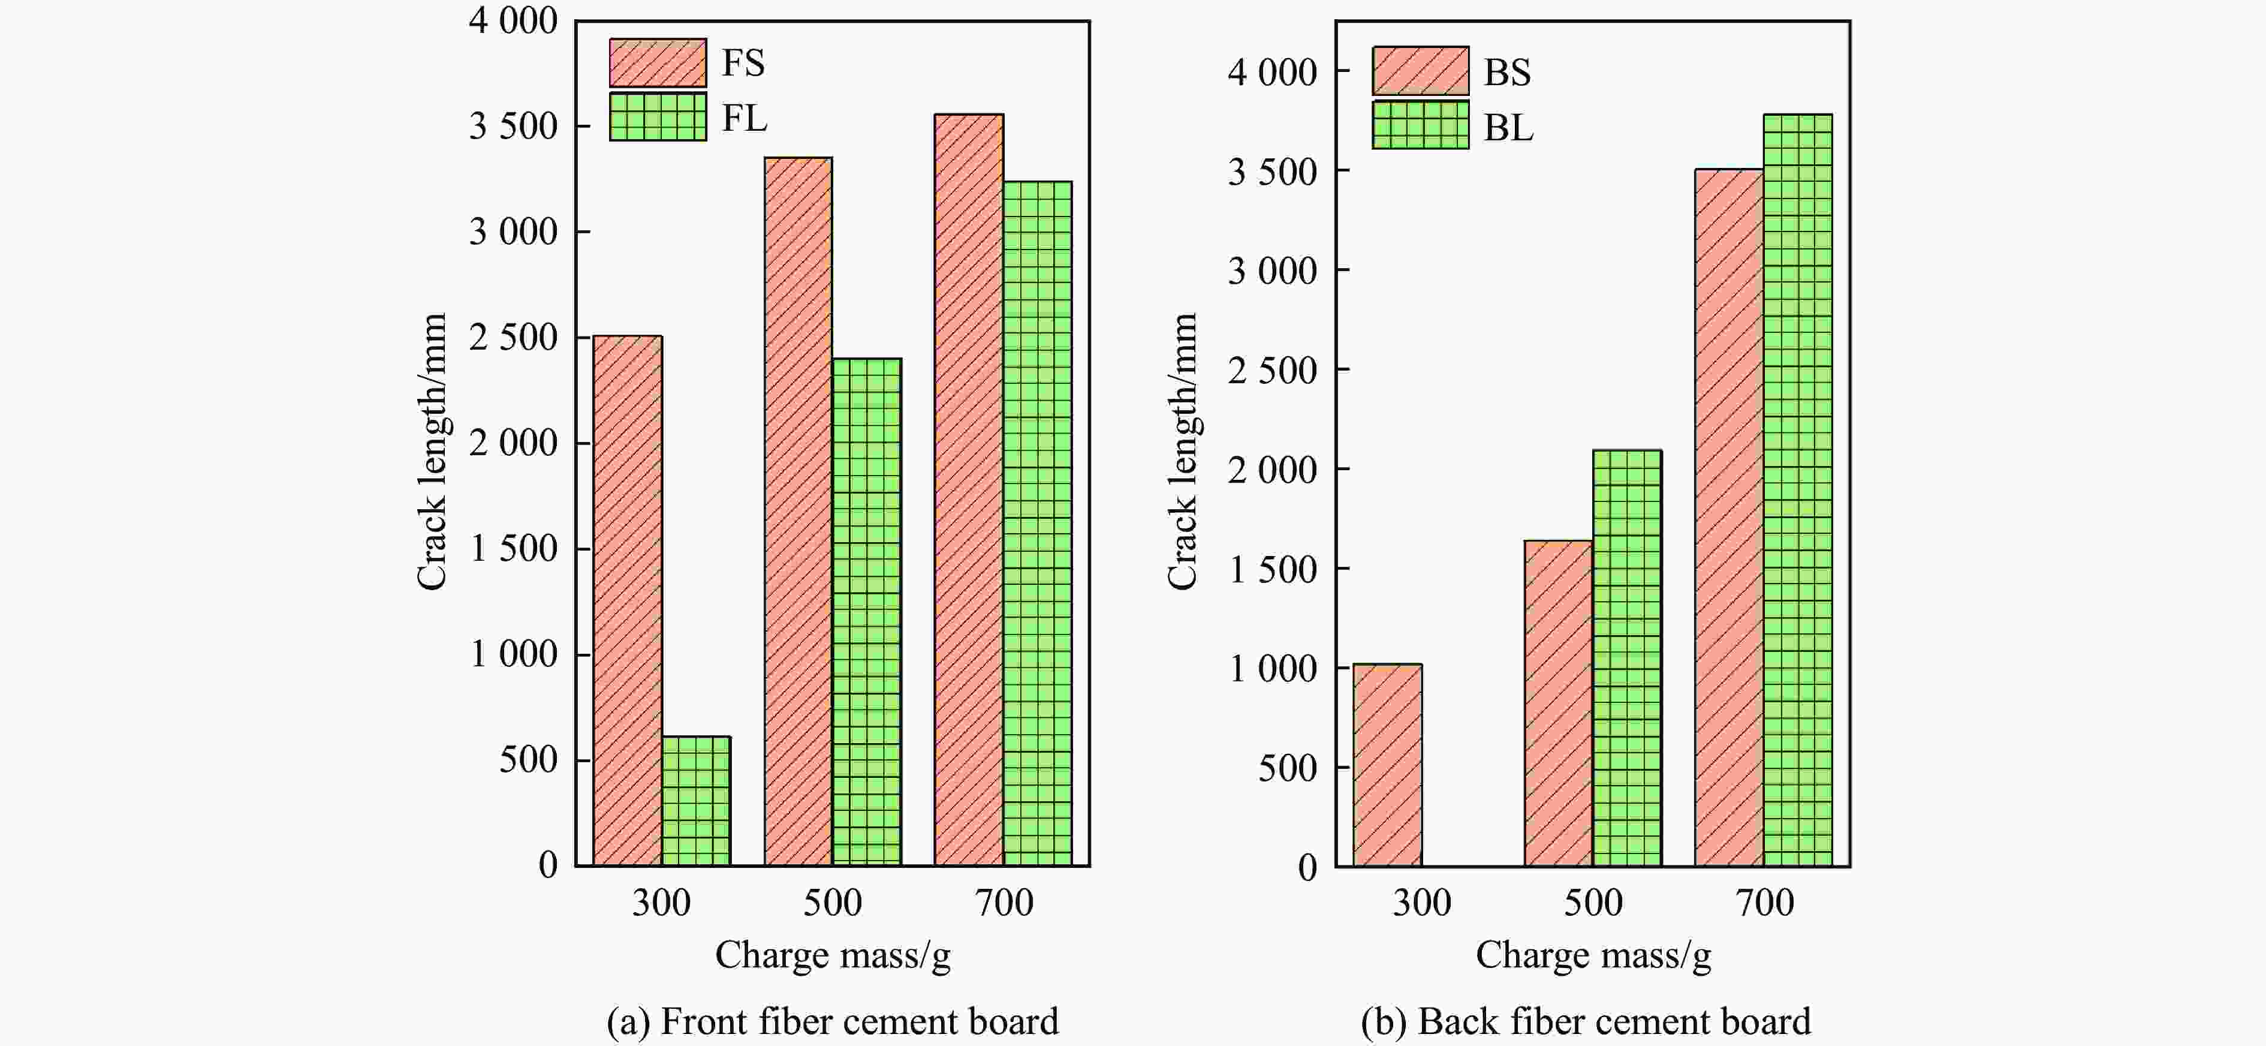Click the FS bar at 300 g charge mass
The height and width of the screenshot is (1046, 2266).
pyautogui.click(x=627, y=601)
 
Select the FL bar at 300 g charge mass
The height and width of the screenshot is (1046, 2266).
pyautogui.click(x=696, y=801)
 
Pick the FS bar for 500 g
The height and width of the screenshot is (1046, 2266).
pyautogui.click(x=798, y=512)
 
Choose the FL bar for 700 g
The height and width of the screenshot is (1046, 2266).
pyautogui.click(x=1037, y=524)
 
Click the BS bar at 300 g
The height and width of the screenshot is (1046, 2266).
pyautogui.click(x=1387, y=765)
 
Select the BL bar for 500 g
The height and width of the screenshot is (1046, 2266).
pyautogui.click(x=1626, y=658)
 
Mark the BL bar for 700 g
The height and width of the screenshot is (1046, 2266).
pyautogui.click(x=1797, y=490)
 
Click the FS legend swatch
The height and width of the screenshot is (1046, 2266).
pyautogui.click(x=657, y=62)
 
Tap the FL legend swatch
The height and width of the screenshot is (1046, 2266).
pyautogui.click(x=657, y=117)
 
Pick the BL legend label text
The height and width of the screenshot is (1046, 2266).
pyautogui.click(x=1508, y=128)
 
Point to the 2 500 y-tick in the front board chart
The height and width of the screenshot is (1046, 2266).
pyautogui.click(x=513, y=338)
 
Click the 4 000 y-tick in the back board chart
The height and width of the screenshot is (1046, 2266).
pyautogui.click(x=1272, y=72)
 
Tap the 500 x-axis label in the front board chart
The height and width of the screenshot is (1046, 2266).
pyautogui.click(x=832, y=903)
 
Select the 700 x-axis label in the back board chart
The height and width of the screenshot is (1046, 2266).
pyautogui.click(x=1764, y=903)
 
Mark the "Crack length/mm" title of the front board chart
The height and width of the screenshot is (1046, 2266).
pyautogui.click(x=432, y=451)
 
